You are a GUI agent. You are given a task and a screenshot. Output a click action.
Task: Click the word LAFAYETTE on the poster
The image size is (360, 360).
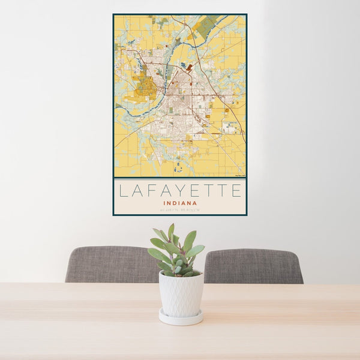(180, 191)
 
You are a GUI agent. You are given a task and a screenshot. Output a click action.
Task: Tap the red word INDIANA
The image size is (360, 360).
(179, 203)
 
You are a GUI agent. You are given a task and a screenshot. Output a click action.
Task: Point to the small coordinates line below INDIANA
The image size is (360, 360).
(179, 209)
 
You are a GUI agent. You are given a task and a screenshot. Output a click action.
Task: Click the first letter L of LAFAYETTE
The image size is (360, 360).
(123, 191)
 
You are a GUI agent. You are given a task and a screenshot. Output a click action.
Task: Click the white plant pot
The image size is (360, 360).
(181, 294)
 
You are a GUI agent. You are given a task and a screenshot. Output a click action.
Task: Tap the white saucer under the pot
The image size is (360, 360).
(181, 318)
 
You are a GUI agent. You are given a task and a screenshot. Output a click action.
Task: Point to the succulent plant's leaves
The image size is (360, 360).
(177, 249)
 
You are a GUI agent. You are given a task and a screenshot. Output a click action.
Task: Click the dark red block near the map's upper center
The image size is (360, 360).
(190, 68)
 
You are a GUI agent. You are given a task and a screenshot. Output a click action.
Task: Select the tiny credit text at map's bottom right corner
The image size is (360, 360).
(238, 175)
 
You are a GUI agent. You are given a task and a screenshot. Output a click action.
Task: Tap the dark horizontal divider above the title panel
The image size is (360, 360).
(179, 178)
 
